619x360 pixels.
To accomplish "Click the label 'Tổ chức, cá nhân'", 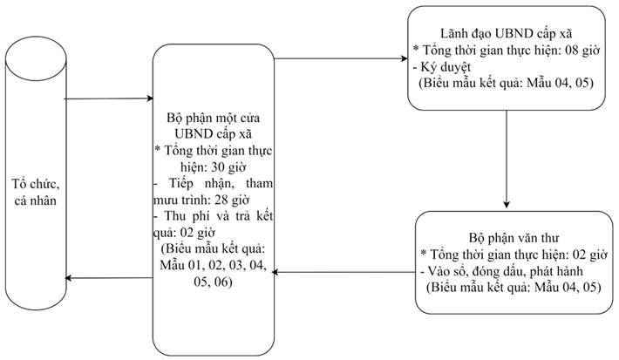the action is tap(36, 193).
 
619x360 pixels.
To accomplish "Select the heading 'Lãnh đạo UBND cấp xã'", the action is tap(506, 33).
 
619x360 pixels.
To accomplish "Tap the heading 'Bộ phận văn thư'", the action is tap(514, 238).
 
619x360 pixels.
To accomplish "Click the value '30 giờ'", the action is tap(228, 167).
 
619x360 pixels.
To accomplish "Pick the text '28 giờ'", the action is tap(232, 200).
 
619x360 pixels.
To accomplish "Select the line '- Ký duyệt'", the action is tap(442, 67).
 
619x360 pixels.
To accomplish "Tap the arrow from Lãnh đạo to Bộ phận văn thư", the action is tap(507, 159).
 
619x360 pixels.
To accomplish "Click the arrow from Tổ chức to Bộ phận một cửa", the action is tap(109, 98).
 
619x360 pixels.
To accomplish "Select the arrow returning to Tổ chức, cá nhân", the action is tap(109, 278).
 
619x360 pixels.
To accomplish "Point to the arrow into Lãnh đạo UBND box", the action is tap(341, 58).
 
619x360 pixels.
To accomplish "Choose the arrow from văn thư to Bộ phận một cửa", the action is tap(344, 272).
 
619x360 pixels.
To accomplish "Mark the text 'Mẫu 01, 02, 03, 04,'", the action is tap(214, 265).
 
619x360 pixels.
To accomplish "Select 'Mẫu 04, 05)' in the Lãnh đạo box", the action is tap(561, 84).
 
